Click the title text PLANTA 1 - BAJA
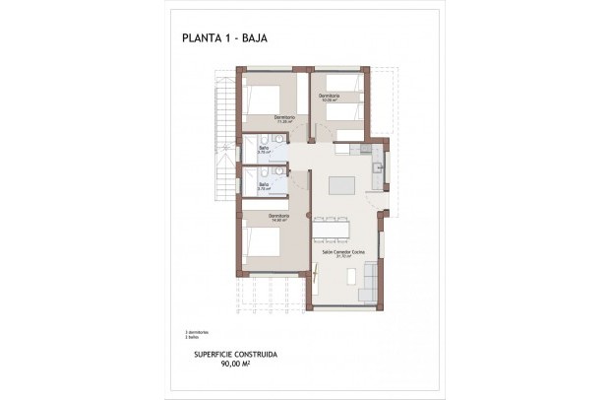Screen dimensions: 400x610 (x=225, y=39)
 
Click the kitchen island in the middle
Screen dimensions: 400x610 (x=341, y=184)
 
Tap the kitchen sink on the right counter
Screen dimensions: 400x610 (x=378, y=167)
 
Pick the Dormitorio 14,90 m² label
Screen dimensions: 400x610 (x=278, y=218)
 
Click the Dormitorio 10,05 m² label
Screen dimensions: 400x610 (x=329, y=98)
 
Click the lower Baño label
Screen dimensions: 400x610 (x=264, y=184)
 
